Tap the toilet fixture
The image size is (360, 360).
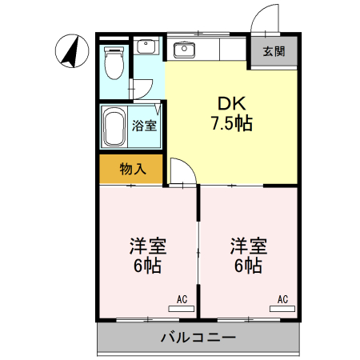(114, 63)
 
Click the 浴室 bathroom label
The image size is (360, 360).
(144, 125)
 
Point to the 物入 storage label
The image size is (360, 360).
(132, 169)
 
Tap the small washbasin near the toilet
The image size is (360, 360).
(146, 46)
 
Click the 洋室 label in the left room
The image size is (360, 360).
(147, 245)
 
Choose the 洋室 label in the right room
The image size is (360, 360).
(249, 245)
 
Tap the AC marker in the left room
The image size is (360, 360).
(182, 299)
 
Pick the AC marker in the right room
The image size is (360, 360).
(282, 299)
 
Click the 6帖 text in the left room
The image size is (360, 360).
(147, 266)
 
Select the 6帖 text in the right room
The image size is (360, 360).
(249, 266)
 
